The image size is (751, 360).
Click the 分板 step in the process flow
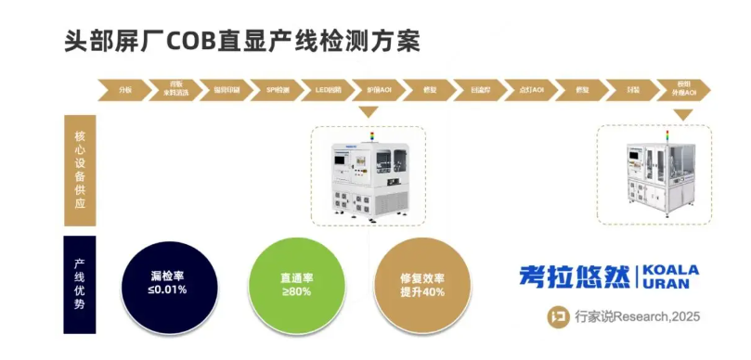126,89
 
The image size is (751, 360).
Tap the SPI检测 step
278,89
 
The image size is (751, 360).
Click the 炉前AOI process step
379,89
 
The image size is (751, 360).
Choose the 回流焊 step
482,89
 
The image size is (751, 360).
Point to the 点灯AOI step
533,89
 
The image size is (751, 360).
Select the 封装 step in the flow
633,89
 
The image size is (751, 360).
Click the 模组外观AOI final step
683,89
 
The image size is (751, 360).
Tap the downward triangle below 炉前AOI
369,112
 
